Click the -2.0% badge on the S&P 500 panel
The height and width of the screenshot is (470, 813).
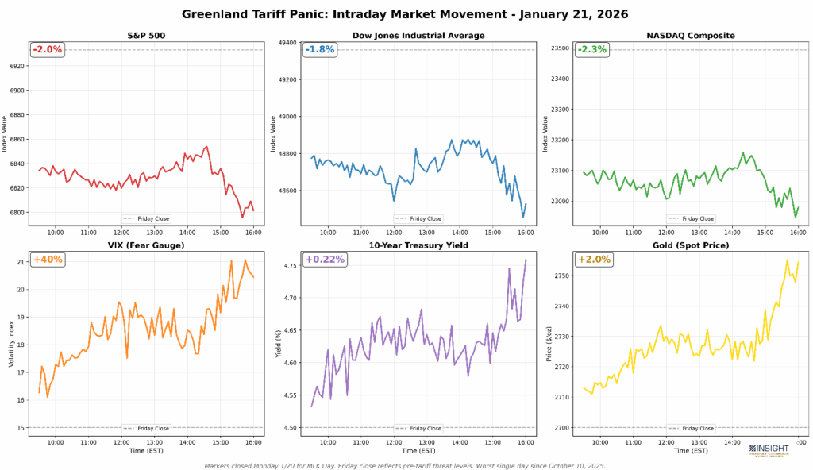48,49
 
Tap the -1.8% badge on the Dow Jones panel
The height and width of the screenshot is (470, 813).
320,49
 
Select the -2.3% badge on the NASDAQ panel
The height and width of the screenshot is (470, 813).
592,49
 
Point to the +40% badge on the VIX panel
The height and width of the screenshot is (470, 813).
48,260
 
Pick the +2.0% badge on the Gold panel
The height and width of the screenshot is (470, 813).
592,260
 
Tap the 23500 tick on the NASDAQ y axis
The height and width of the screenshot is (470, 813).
558,48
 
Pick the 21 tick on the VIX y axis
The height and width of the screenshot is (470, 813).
20,261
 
